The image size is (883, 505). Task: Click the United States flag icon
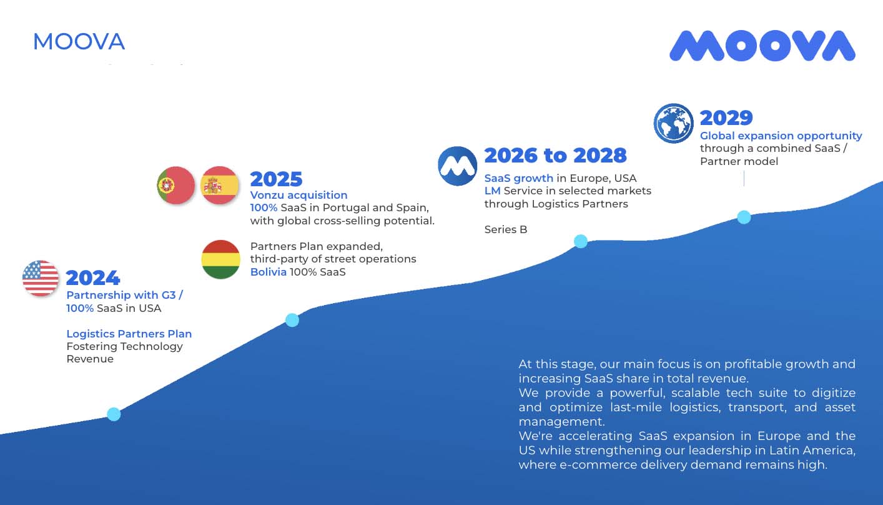[41, 278]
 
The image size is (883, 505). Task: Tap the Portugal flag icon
[175, 186]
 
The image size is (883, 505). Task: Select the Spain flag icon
[220, 186]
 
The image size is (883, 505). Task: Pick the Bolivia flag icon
[221, 259]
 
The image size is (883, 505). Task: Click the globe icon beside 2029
[674, 123]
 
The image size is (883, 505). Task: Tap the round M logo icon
[458, 166]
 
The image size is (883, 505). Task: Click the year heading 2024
[93, 277]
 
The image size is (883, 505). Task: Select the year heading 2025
[276, 179]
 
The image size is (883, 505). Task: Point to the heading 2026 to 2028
[555, 155]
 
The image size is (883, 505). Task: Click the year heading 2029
[726, 117]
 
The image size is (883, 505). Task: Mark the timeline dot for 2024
[114, 414]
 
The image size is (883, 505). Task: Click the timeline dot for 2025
[292, 320]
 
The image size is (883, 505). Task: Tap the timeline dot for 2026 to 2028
[581, 241]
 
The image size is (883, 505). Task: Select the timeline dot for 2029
[744, 217]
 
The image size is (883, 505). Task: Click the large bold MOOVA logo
[762, 46]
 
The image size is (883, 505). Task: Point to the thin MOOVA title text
[79, 42]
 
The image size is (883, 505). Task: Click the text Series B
[506, 229]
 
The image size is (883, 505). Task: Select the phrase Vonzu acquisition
[298, 195]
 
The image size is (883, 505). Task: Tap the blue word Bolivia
[269, 272]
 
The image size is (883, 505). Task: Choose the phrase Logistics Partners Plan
[129, 334]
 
